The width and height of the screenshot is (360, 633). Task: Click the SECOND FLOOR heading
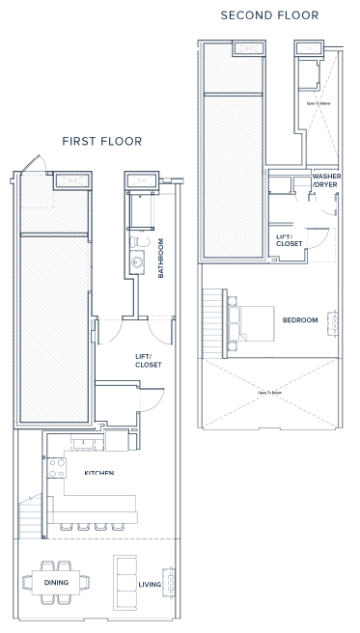pos(269,15)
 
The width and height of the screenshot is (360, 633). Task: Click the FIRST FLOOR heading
pos(101,141)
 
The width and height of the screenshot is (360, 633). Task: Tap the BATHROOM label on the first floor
pos(161,258)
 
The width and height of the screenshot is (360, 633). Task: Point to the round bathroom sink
pos(138,260)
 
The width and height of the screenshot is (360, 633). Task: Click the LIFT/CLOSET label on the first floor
pos(148,360)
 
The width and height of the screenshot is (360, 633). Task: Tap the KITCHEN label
pos(99,473)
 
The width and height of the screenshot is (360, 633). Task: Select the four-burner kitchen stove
pos(56,469)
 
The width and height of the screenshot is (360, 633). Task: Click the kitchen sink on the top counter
pos(86,442)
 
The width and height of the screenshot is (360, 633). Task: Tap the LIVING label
pos(150,584)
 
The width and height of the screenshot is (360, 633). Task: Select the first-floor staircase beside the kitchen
pos(31,520)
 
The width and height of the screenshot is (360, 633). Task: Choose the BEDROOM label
pos(299,320)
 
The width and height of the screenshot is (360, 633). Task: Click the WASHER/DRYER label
pos(325,181)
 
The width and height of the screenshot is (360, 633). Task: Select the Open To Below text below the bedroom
pos(269,393)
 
